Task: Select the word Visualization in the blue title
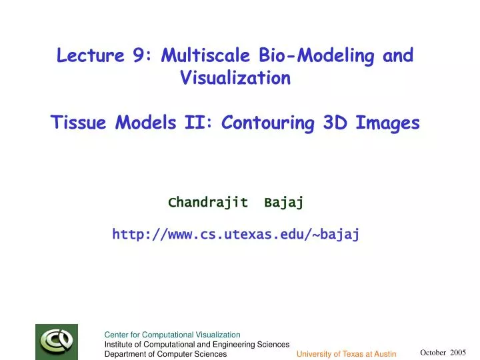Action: click(235, 79)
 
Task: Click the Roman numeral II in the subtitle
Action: click(197, 123)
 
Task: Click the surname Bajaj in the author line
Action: click(283, 203)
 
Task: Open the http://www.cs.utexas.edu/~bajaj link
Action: click(236, 234)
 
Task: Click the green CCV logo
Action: click(57, 341)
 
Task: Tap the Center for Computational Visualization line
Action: click(172, 335)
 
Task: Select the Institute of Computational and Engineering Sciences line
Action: click(197, 344)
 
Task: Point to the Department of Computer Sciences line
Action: click(165, 354)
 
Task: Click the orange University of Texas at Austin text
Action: click(347, 354)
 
